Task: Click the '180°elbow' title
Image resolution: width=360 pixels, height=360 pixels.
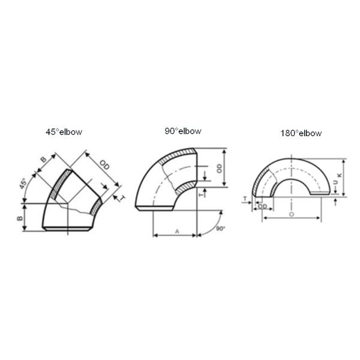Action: click(301, 133)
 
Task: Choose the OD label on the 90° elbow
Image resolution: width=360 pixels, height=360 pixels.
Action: click(220, 168)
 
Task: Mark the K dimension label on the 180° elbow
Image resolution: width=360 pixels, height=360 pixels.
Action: click(340, 175)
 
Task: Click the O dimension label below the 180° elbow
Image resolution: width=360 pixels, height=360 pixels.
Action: click(291, 213)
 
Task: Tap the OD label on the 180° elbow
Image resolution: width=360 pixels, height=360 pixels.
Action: click(263, 206)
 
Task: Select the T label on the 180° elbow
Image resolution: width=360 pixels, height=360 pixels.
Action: click(245, 197)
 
